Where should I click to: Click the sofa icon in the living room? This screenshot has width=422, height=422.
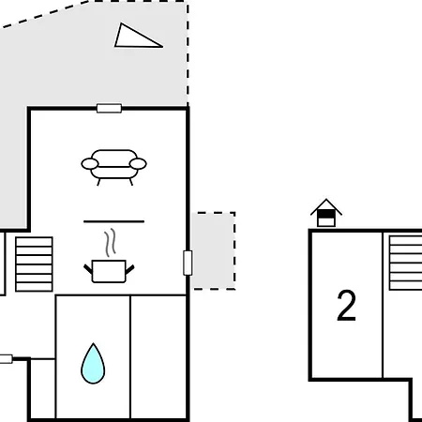click(113, 168)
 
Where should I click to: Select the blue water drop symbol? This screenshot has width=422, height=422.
click(93, 364)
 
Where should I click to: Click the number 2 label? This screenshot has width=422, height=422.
click(347, 305)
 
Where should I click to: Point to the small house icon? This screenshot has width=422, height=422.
click(326, 213)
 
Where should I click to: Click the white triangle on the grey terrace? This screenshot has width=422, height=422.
click(138, 36)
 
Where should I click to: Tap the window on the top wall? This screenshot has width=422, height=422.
click(109, 109)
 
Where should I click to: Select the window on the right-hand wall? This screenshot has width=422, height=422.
click(188, 263)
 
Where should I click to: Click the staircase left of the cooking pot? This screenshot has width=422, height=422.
click(34, 264)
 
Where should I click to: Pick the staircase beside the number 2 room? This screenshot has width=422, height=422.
click(405, 263)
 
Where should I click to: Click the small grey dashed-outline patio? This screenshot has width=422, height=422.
click(214, 251)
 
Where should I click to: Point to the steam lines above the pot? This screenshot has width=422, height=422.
click(110, 243)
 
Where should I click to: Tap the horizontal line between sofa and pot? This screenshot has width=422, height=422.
click(113, 221)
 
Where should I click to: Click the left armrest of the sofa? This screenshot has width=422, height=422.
click(90, 164)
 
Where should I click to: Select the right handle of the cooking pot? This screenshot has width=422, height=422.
click(130, 269)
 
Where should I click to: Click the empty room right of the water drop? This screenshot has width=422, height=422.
click(158, 356)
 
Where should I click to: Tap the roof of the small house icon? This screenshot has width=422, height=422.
click(326, 206)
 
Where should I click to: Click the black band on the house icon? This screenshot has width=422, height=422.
click(326, 214)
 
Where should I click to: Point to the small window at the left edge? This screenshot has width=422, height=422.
click(6, 359)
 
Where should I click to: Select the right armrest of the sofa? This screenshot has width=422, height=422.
click(138, 164)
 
